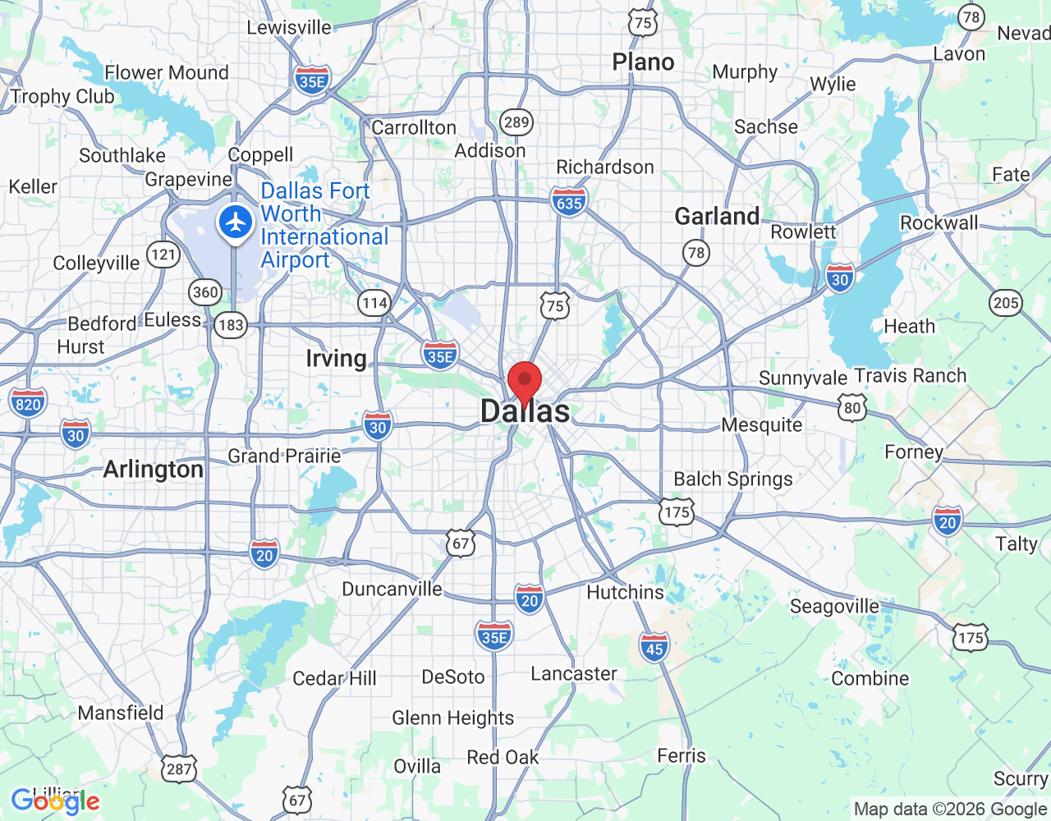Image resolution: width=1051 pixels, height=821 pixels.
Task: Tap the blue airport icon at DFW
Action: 236,222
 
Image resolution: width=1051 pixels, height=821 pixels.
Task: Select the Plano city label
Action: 643,62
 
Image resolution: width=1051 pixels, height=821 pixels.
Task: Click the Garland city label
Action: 717,217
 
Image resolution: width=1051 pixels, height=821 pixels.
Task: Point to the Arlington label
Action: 154,470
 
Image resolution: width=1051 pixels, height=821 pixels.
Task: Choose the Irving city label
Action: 336,359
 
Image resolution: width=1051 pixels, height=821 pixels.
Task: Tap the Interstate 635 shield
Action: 569,202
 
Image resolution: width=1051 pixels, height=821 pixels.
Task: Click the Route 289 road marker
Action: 516,123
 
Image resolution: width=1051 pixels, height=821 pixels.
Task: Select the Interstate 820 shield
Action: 28,404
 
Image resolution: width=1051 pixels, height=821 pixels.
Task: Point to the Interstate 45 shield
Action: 654,648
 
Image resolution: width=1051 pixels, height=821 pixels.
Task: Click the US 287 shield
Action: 179,768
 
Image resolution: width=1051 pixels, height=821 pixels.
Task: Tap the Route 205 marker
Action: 1005,303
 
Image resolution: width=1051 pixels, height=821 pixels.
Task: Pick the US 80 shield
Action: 853,407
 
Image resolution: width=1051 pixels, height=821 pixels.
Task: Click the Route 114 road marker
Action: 374,303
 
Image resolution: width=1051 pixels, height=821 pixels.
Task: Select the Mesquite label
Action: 762,425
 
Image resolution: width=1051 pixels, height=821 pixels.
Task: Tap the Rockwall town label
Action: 939,223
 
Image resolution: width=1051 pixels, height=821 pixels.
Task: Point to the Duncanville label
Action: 392,589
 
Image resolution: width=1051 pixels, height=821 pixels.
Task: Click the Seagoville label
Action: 834,607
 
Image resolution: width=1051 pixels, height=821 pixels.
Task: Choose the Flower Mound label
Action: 167,73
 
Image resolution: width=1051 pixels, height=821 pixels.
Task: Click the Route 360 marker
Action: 205,291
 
